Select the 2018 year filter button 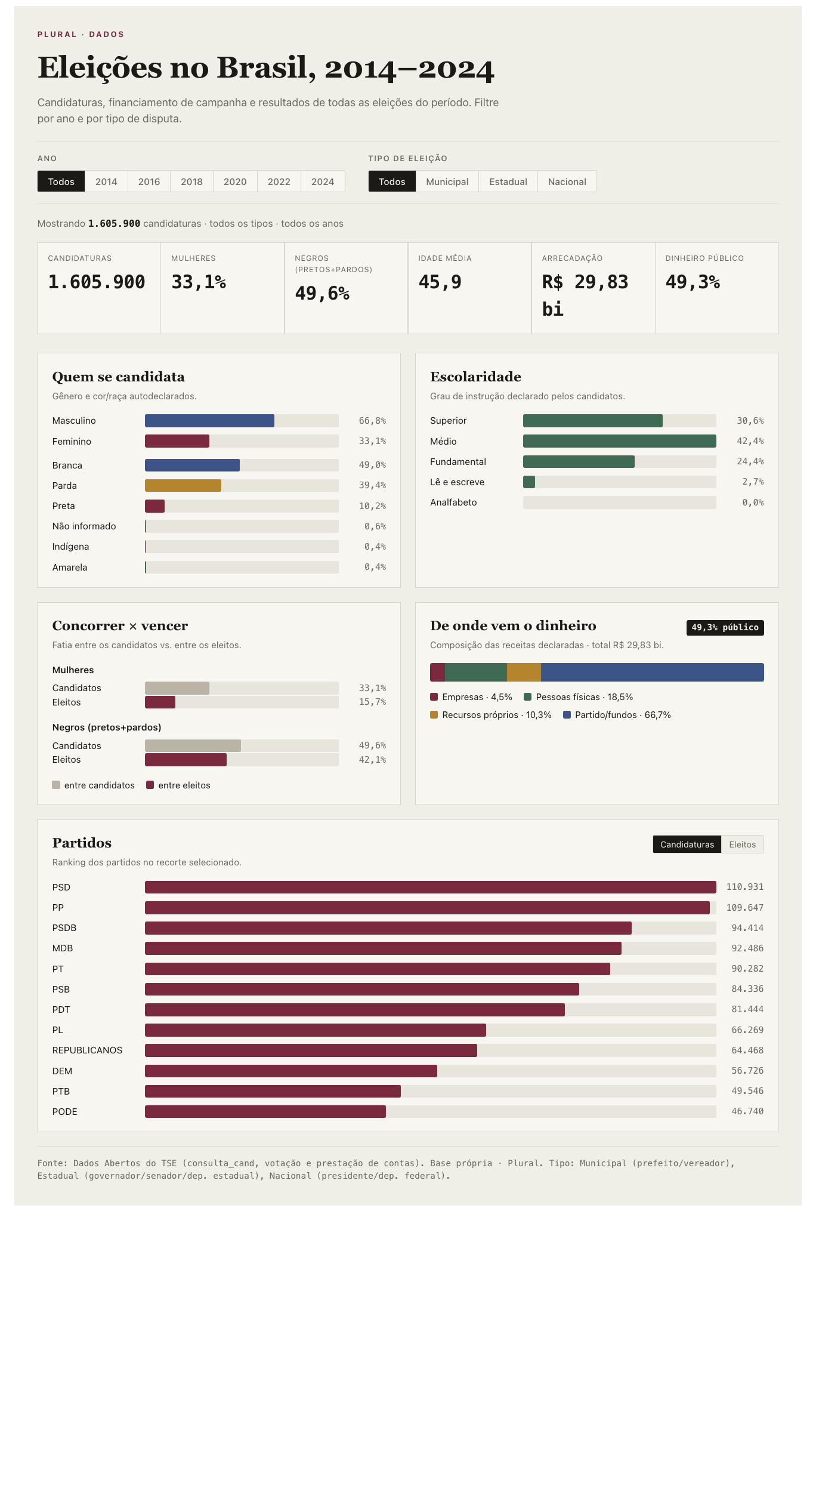[191, 181]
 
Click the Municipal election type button [447, 181]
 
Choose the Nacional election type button [567, 181]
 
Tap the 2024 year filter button [323, 181]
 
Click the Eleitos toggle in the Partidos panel [742, 844]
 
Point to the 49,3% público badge [725, 627]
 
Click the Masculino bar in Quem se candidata [209, 421]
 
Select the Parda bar [183, 485]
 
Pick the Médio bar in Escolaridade [619, 441]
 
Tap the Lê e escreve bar [529, 482]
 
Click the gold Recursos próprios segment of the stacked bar [524, 672]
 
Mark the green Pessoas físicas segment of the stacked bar [476, 672]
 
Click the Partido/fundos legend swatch [567, 714]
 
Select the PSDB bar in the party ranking [388, 928]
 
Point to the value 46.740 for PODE [747, 1111]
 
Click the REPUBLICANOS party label [87, 1050]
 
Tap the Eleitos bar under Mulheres [160, 702]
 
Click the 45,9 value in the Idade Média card [440, 282]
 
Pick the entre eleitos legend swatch [150, 785]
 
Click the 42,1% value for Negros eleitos [372, 760]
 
